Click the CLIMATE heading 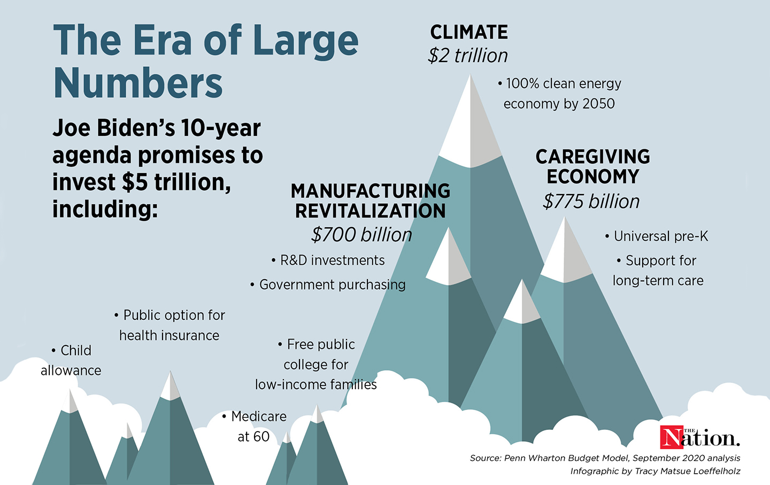pos(469,32)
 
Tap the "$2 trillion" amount pos(468,56)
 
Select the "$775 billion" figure pos(591,202)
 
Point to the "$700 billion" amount pos(361,235)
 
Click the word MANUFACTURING pos(370,191)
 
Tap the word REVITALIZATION pos(370,211)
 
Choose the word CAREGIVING pos(592,157)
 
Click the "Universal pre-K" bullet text pos(660,236)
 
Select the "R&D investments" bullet pos(332,260)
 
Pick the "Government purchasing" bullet pos(332,284)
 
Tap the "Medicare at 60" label pos(255,426)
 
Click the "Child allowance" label pos(72,360)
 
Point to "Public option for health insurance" pos(170,325)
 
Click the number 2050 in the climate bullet pos(598,104)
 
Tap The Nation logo pos(699,437)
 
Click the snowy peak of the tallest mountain pos(470,123)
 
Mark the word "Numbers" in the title pos(138,83)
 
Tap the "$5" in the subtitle pos(135,182)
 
